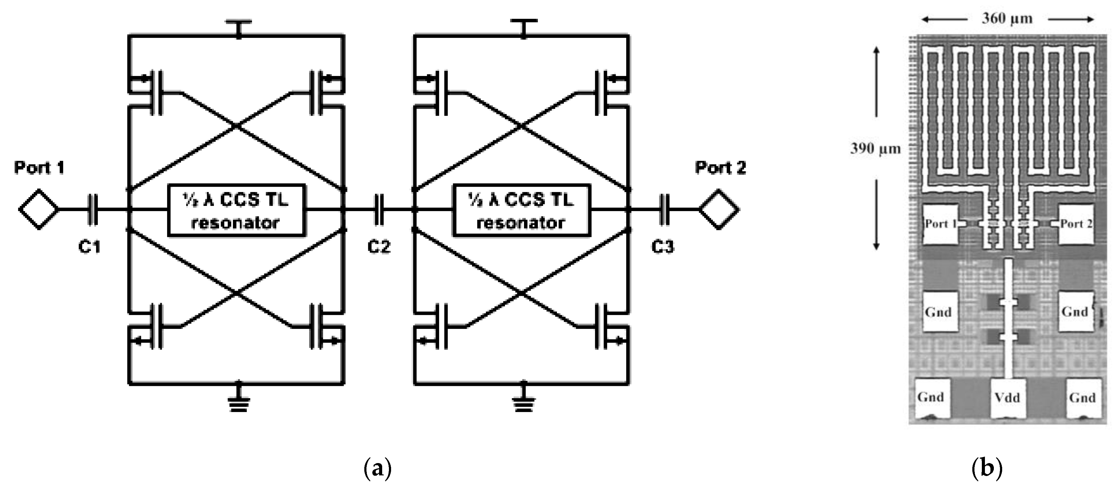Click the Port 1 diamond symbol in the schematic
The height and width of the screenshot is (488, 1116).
coord(38,209)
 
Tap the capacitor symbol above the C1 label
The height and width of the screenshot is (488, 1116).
coord(93,210)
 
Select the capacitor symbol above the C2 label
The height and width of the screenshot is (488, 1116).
coord(379,210)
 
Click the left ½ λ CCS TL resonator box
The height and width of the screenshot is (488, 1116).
coord(237,211)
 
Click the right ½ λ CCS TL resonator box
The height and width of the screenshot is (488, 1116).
coord(521,211)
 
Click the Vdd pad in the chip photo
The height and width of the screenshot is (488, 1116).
coord(1008,398)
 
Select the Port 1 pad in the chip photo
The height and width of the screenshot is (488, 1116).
coord(939,224)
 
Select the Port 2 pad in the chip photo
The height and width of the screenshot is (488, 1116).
coord(1076,224)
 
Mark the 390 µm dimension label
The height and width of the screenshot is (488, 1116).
coord(875,149)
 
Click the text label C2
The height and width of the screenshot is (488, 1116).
coord(379,246)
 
